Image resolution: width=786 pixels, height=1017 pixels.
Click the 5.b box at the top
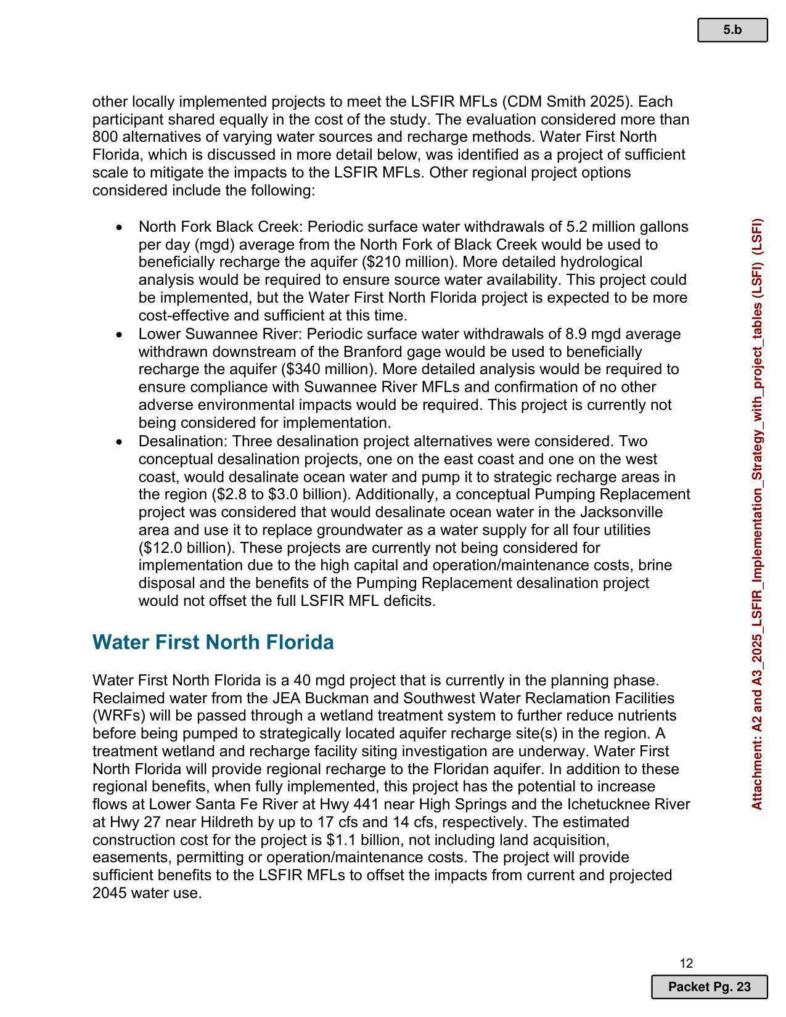point(732,30)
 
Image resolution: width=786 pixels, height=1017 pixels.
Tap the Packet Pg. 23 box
point(709,987)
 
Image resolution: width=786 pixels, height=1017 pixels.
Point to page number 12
point(686,963)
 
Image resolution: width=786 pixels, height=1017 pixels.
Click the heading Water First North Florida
point(213,642)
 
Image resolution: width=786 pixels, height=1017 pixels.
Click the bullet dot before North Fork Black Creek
point(119,227)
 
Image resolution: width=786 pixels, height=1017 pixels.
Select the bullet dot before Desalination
point(119,442)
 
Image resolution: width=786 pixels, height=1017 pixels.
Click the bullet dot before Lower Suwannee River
point(119,335)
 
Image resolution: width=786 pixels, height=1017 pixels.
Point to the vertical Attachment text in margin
point(757,513)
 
